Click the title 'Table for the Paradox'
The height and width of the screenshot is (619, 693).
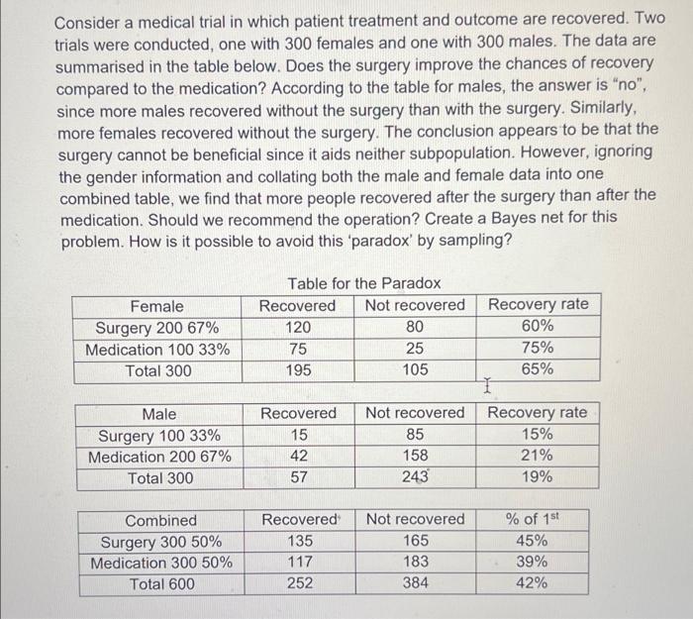pyautogui.click(x=364, y=284)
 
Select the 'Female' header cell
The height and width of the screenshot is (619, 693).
pyautogui.click(x=157, y=306)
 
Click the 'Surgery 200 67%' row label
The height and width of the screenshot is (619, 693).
pyautogui.click(x=157, y=328)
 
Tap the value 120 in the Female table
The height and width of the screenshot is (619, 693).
pyautogui.click(x=298, y=328)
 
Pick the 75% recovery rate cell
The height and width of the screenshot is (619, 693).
pyautogui.click(x=537, y=349)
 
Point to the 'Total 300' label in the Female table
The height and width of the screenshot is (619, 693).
pyautogui.click(x=157, y=370)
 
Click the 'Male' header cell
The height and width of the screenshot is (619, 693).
pyautogui.click(x=159, y=413)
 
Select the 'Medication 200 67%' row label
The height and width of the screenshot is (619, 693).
pyautogui.click(x=159, y=457)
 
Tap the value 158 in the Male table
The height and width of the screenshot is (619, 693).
pyautogui.click(x=415, y=457)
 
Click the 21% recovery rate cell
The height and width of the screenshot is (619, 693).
pyautogui.click(x=537, y=457)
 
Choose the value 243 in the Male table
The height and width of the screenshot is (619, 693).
pyautogui.click(x=416, y=477)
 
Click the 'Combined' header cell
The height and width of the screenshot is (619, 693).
pyautogui.click(x=161, y=520)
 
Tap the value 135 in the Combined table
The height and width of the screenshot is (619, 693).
pyautogui.click(x=300, y=542)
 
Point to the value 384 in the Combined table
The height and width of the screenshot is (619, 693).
pyautogui.click(x=416, y=583)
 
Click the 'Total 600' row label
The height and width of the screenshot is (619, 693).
pyautogui.click(x=161, y=583)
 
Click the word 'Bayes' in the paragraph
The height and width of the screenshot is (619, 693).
pyautogui.click(x=506, y=216)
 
